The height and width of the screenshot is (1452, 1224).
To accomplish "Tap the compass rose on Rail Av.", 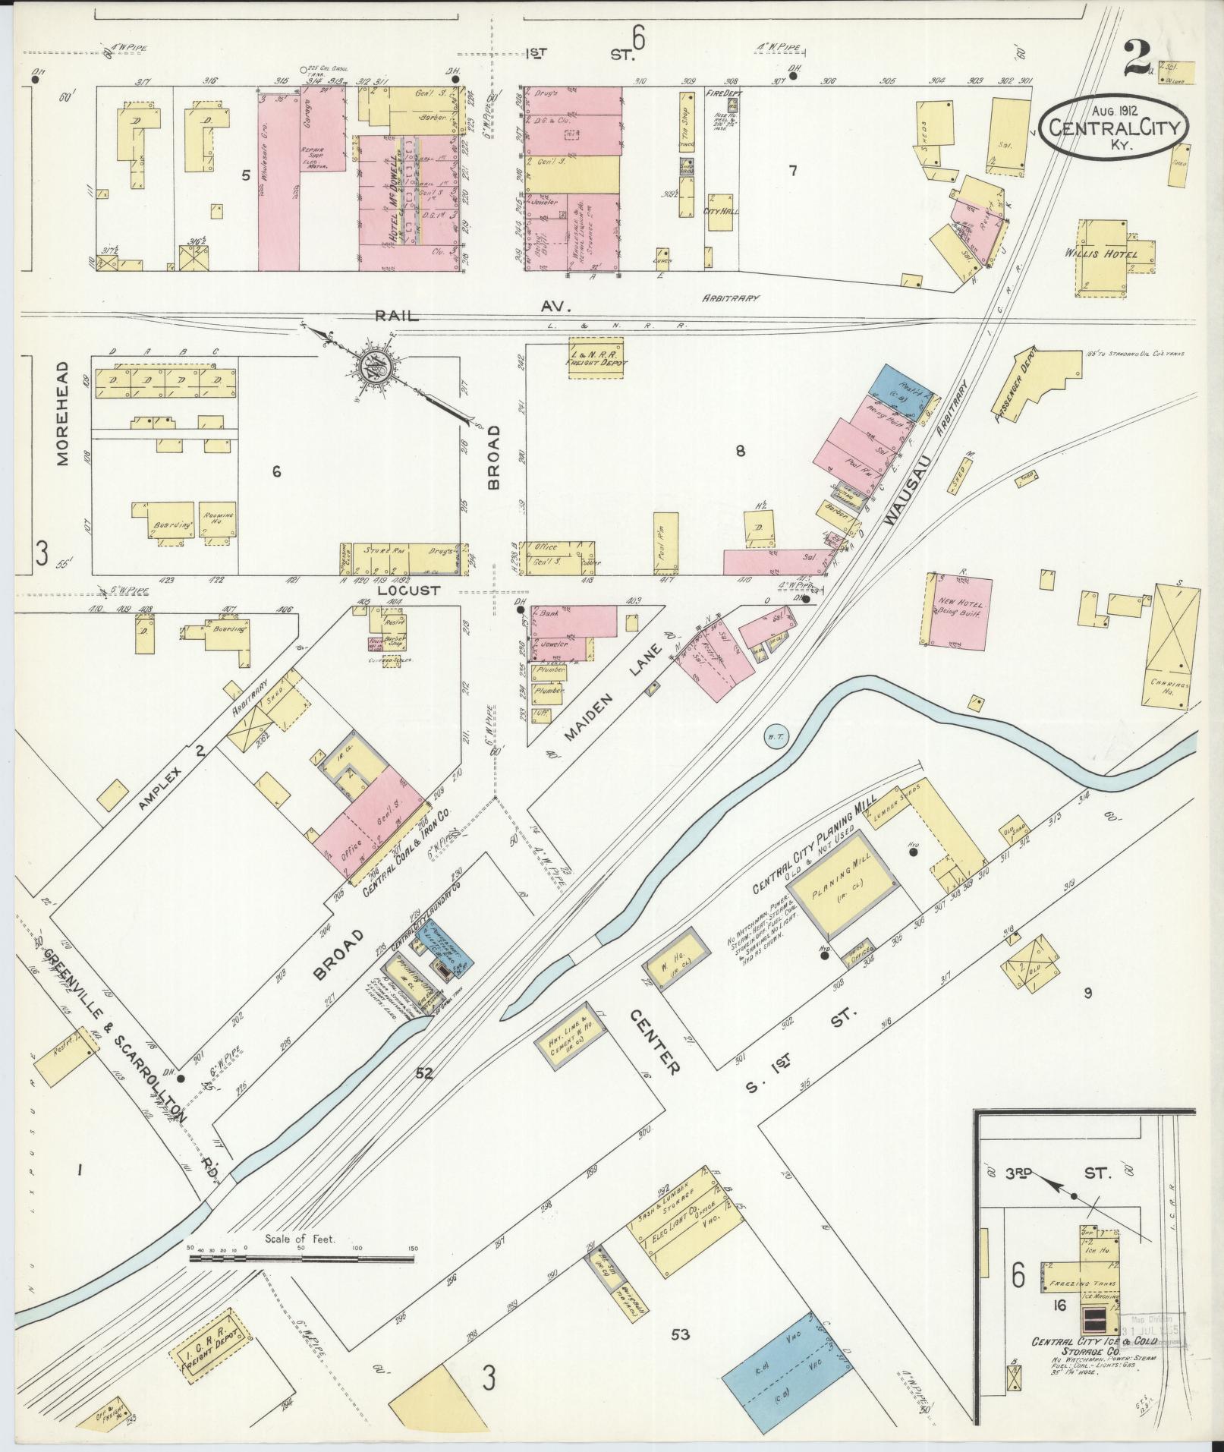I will (x=374, y=367).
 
